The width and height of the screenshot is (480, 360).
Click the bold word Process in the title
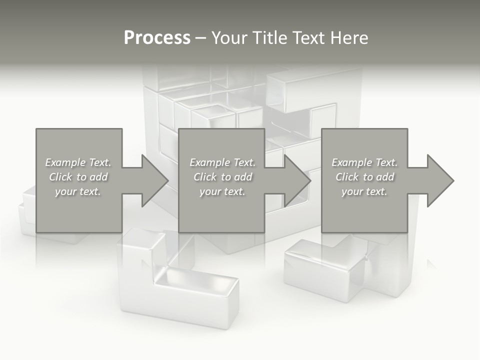click(x=157, y=38)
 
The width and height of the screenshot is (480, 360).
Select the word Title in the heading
click(x=270, y=38)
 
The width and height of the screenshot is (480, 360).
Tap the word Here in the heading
click(x=349, y=38)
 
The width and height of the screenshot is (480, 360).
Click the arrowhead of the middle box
click(x=297, y=180)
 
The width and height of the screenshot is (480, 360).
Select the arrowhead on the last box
click(x=440, y=180)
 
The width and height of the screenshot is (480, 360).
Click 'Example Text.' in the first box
click(x=78, y=162)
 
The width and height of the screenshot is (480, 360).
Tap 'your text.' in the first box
click(x=78, y=191)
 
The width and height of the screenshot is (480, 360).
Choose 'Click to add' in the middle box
click(x=222, y=177)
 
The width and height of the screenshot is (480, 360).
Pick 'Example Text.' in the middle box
click(x=222, y=162)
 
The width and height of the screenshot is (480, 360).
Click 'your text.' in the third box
click(x=364, y=191)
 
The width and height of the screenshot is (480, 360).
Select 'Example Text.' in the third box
click(x=364, y=162)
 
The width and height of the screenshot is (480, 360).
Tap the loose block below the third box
click(x=330, y=270)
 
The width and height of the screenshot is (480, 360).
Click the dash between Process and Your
click(x=201, y=38)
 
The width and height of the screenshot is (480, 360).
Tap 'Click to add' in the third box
click(x=364, y=177)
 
